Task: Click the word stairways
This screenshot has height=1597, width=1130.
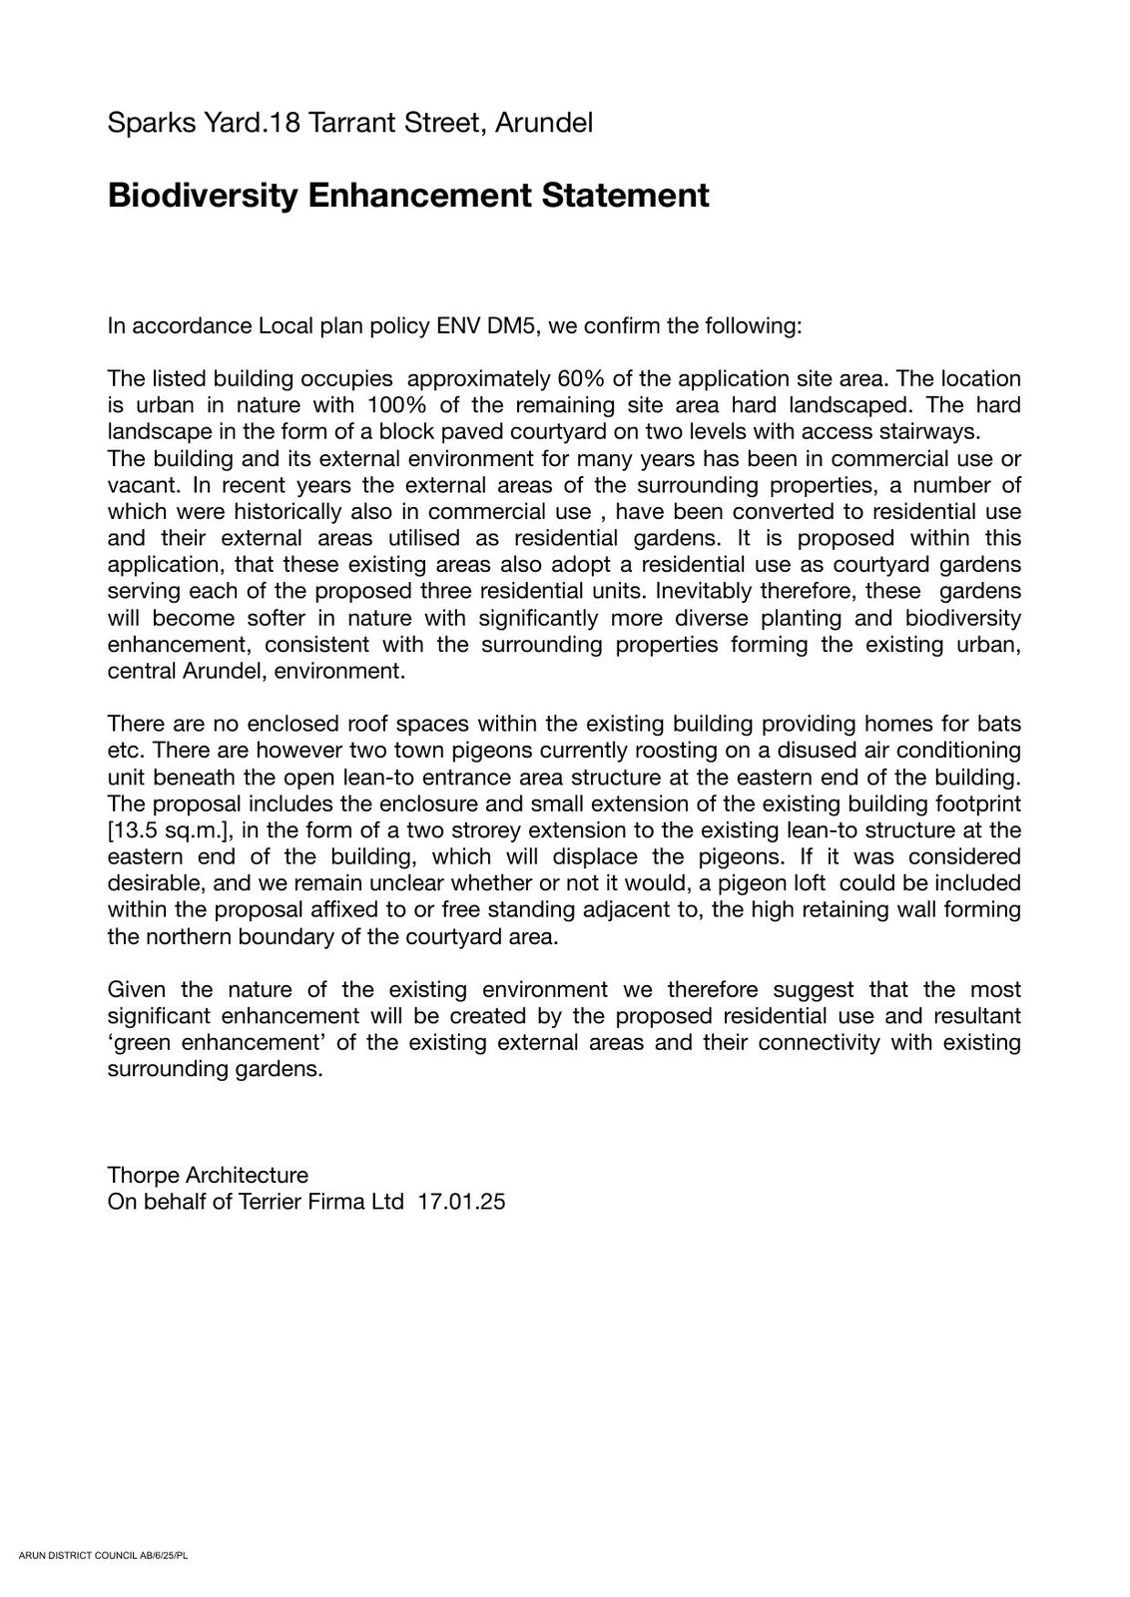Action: pos(929,432)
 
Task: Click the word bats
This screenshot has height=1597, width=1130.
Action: pos(999,724)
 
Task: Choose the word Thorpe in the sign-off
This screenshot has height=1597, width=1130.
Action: pos(143,1175)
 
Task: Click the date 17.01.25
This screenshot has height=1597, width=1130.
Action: pos(461,1202)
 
